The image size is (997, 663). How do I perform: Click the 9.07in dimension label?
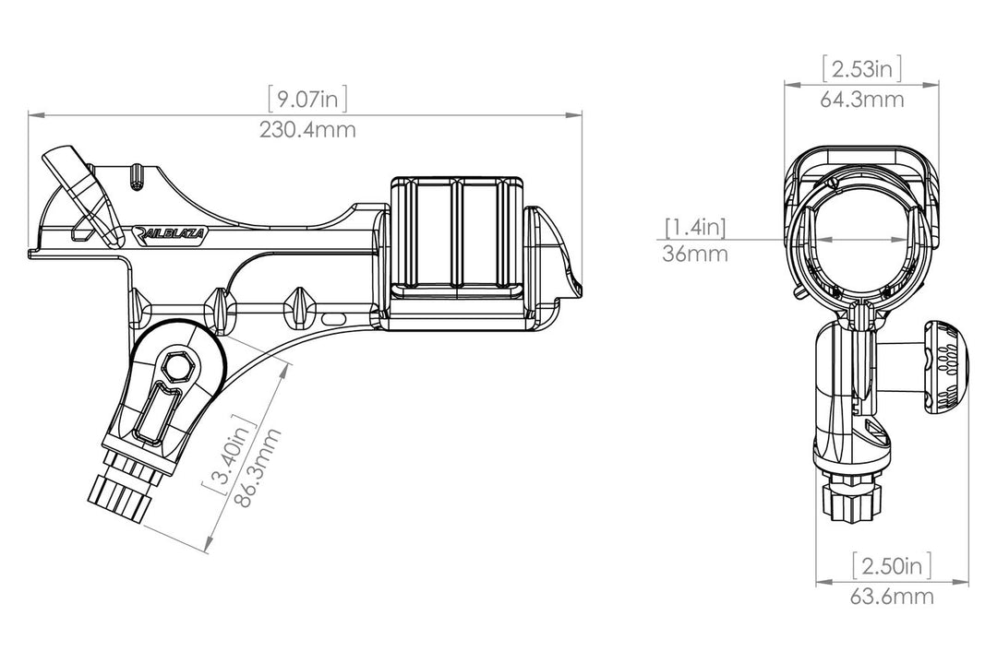(306, 98)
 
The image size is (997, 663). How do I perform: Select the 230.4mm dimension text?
(306, 130)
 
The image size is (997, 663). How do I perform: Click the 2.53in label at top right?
(861, 68)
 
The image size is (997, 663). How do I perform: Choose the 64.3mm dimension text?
(861, 100)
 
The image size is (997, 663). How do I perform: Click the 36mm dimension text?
(695, 255)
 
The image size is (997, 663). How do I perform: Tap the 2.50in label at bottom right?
(892, 564)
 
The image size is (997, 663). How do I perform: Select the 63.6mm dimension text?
(892, 597)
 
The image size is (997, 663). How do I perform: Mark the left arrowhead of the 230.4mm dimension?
(32, 114)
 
